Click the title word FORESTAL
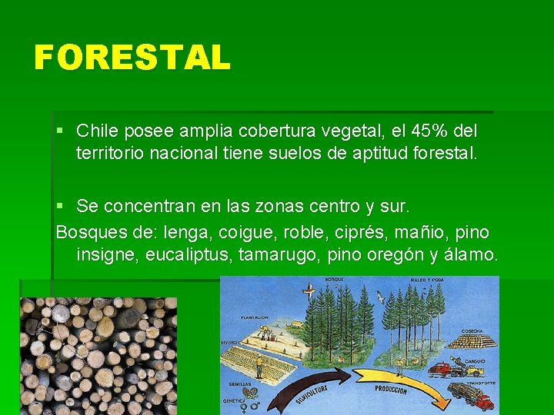click(132, 58)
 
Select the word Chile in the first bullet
click(97, 131)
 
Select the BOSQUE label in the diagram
click(334, 280)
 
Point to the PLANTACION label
click(253, 317)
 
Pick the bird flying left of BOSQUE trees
click(309, 291)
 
